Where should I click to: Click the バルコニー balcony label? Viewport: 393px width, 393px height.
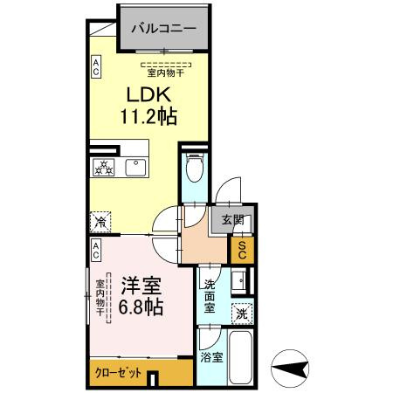tap(163, 28)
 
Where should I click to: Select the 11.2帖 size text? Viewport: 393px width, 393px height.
tap(148, 116)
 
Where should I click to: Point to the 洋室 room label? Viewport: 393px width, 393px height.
tap(141, 285)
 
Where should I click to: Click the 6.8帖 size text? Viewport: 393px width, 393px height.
tap(141, 307)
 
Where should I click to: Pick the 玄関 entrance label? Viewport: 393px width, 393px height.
tap(232, 221)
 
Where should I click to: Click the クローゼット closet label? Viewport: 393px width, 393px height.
tap(119, 372)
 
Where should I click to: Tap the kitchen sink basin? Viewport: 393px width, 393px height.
tap(138, 168)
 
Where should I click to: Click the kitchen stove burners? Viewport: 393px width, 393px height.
tap(104, 168)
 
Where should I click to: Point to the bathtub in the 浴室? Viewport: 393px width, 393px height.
tap(238, 357)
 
